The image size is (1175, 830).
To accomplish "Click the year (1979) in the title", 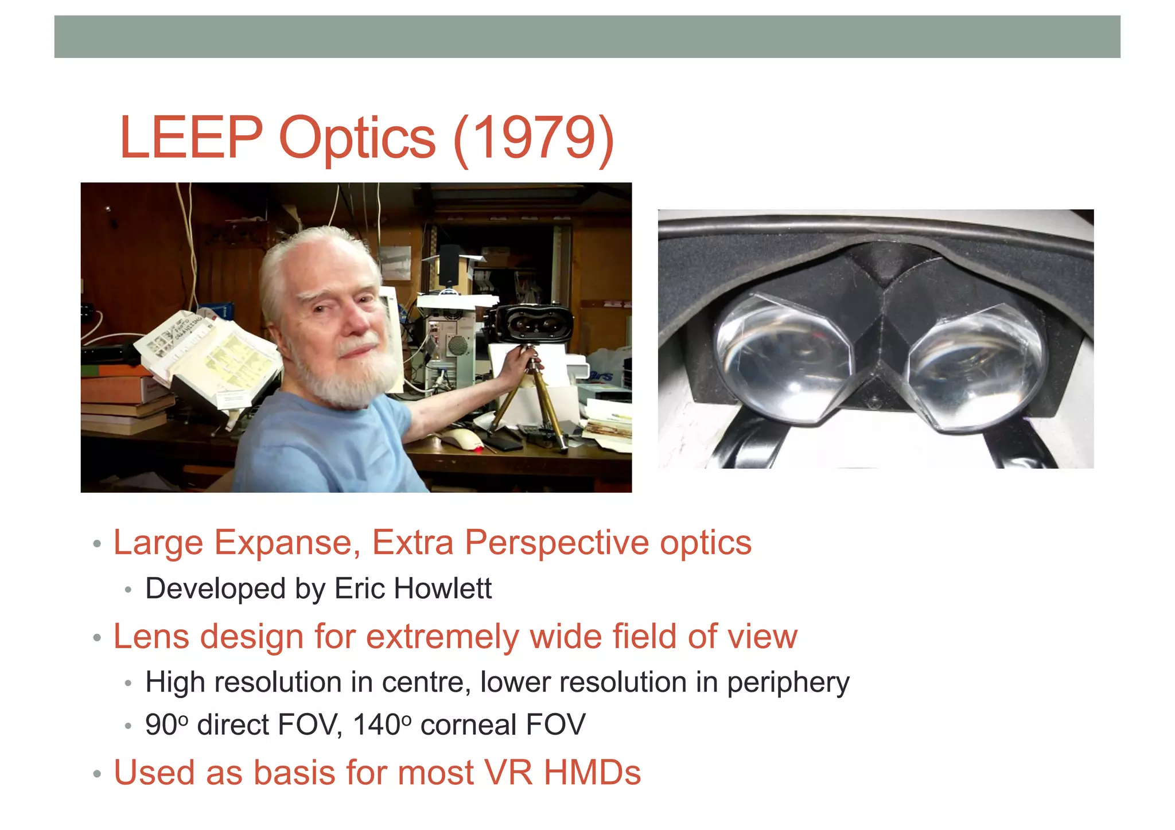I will pos(534,138).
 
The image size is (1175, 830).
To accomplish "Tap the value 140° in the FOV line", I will pos(381,724).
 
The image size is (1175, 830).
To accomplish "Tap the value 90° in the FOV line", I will pos(166,724).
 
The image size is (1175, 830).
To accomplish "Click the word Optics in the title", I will pos(357,138).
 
